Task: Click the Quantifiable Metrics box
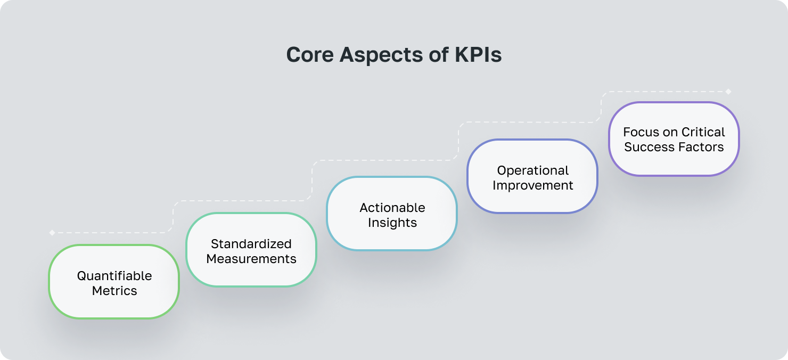114,282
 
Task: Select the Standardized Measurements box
251,250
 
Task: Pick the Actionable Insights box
392,214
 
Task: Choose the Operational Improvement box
532,176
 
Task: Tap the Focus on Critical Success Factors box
674,139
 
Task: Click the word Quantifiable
114,276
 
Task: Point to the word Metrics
114,291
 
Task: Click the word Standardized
251,244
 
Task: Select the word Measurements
251,259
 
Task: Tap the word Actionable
392,207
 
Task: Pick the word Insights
392,223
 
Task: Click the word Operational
533,170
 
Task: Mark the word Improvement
533,185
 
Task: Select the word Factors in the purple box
701,147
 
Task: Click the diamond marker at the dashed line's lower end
52,233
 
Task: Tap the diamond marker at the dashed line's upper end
728,92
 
